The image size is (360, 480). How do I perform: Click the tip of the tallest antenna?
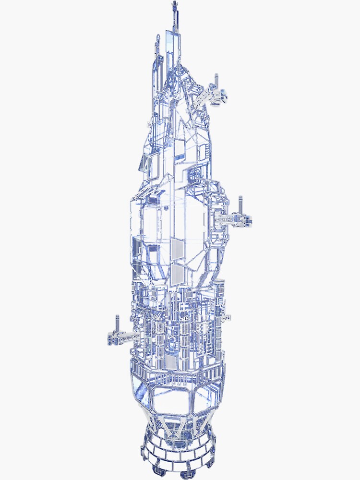pos(173,4)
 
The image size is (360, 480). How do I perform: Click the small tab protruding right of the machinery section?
pos(228,317)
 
